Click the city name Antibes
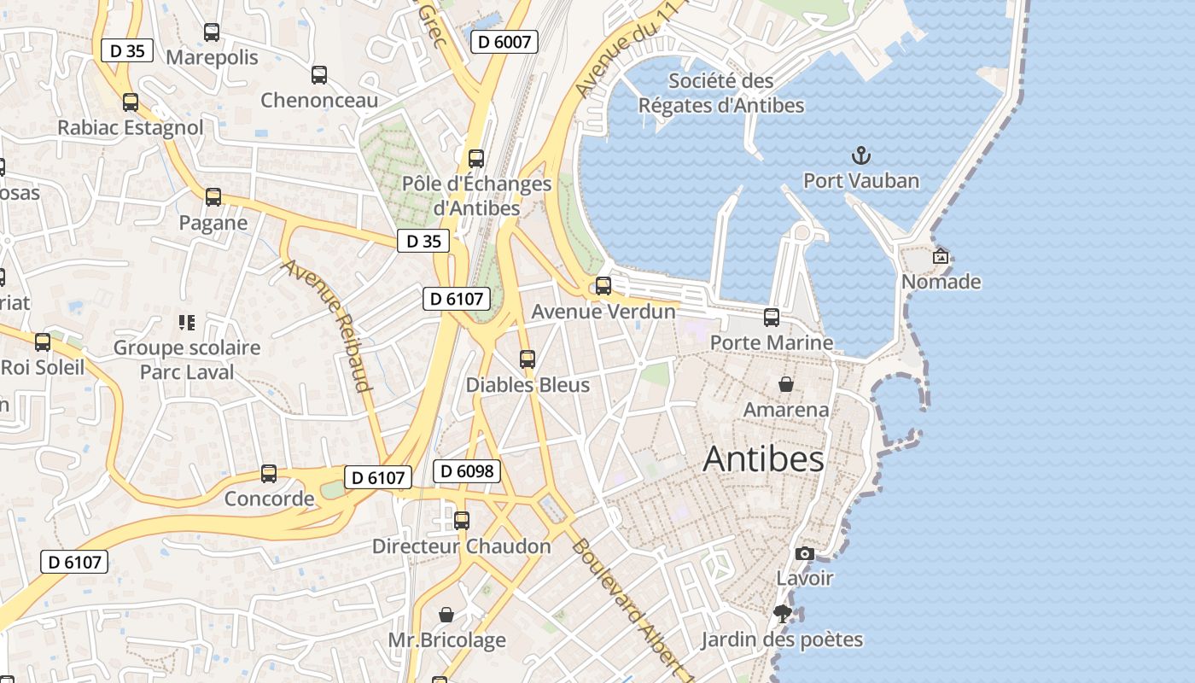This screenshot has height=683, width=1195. tap(763, 459)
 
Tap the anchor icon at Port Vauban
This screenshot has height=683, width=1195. tap(861, 155)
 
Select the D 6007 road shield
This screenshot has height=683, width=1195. tap(504, 42)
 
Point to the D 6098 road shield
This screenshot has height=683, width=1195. tap(466, 470)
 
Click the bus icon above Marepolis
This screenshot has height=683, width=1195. tap(212, 32)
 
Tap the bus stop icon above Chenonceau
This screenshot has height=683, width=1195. tap(319, 75)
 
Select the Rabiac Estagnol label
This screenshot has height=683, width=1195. tap(131, 128)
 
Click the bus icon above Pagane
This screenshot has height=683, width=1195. tap(213, 197)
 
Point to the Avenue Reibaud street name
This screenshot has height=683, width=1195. tap(329, 325)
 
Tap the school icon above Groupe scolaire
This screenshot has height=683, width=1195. tap(186, 323)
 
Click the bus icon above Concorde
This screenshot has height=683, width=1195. tap(269, 474)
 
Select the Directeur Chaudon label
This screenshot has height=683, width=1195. tap(462, 546)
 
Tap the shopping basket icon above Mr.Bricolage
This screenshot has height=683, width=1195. tap(446, 615)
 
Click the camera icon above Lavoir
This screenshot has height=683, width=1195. tap(804, 554)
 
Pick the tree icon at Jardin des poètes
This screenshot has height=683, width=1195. tap(782, 614)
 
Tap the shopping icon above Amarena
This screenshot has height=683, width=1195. tap(786, 384)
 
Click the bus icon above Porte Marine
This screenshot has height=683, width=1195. tap(772, 318)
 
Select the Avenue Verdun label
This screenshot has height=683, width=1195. tap(603, 312)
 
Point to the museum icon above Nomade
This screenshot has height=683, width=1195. tap(941, 256)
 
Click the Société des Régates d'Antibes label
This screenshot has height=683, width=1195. tap(721, 93)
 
